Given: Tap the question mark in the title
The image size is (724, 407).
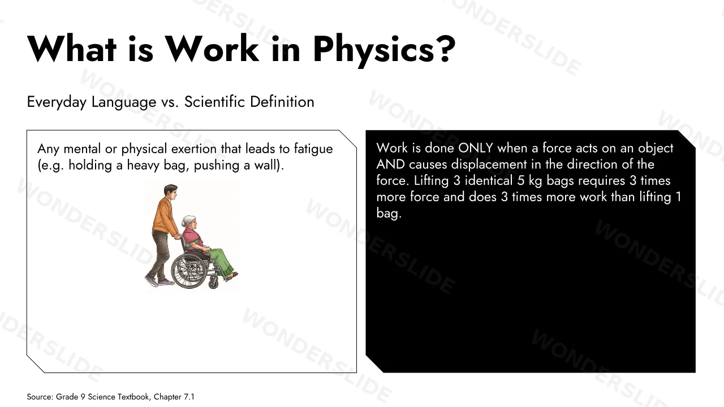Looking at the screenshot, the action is click(447, 48).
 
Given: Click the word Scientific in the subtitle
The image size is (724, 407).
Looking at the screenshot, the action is click(214, 102).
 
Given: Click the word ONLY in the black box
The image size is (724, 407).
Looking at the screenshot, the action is click(476, 148).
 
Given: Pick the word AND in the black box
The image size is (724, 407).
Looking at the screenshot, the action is click(390, 164).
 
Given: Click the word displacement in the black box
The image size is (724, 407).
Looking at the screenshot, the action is click(489, 165).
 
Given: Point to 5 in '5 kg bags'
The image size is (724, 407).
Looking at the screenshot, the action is click(520, 181).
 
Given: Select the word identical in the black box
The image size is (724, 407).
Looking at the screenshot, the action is click(488, 180).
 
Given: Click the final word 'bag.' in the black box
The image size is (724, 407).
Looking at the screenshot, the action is click(389, 214).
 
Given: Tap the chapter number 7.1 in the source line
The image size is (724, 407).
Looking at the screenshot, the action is click(189, 397).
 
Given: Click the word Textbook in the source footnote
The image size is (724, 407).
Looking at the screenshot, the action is click(133, 397).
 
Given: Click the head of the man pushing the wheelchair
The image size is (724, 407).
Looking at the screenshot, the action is click(170, 192).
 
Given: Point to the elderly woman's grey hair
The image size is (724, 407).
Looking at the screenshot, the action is click(187, 221).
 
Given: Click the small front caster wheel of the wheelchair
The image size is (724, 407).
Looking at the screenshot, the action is click(213, 284).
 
